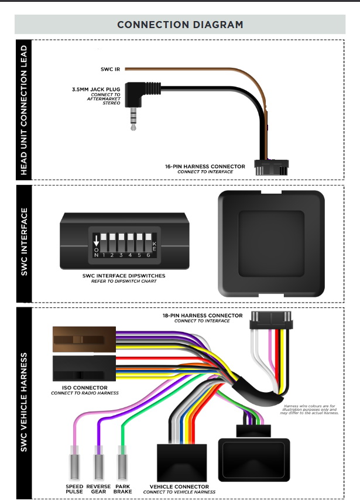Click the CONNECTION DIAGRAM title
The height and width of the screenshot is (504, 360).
(180, 25)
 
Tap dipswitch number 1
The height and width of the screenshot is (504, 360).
(104, 241)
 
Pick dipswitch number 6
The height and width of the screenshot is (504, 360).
(148, 241)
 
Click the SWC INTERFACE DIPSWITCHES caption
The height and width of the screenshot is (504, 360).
(122, 275)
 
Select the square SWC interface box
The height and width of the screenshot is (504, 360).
(270, 243)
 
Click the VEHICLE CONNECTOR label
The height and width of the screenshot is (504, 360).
(179, 486)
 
